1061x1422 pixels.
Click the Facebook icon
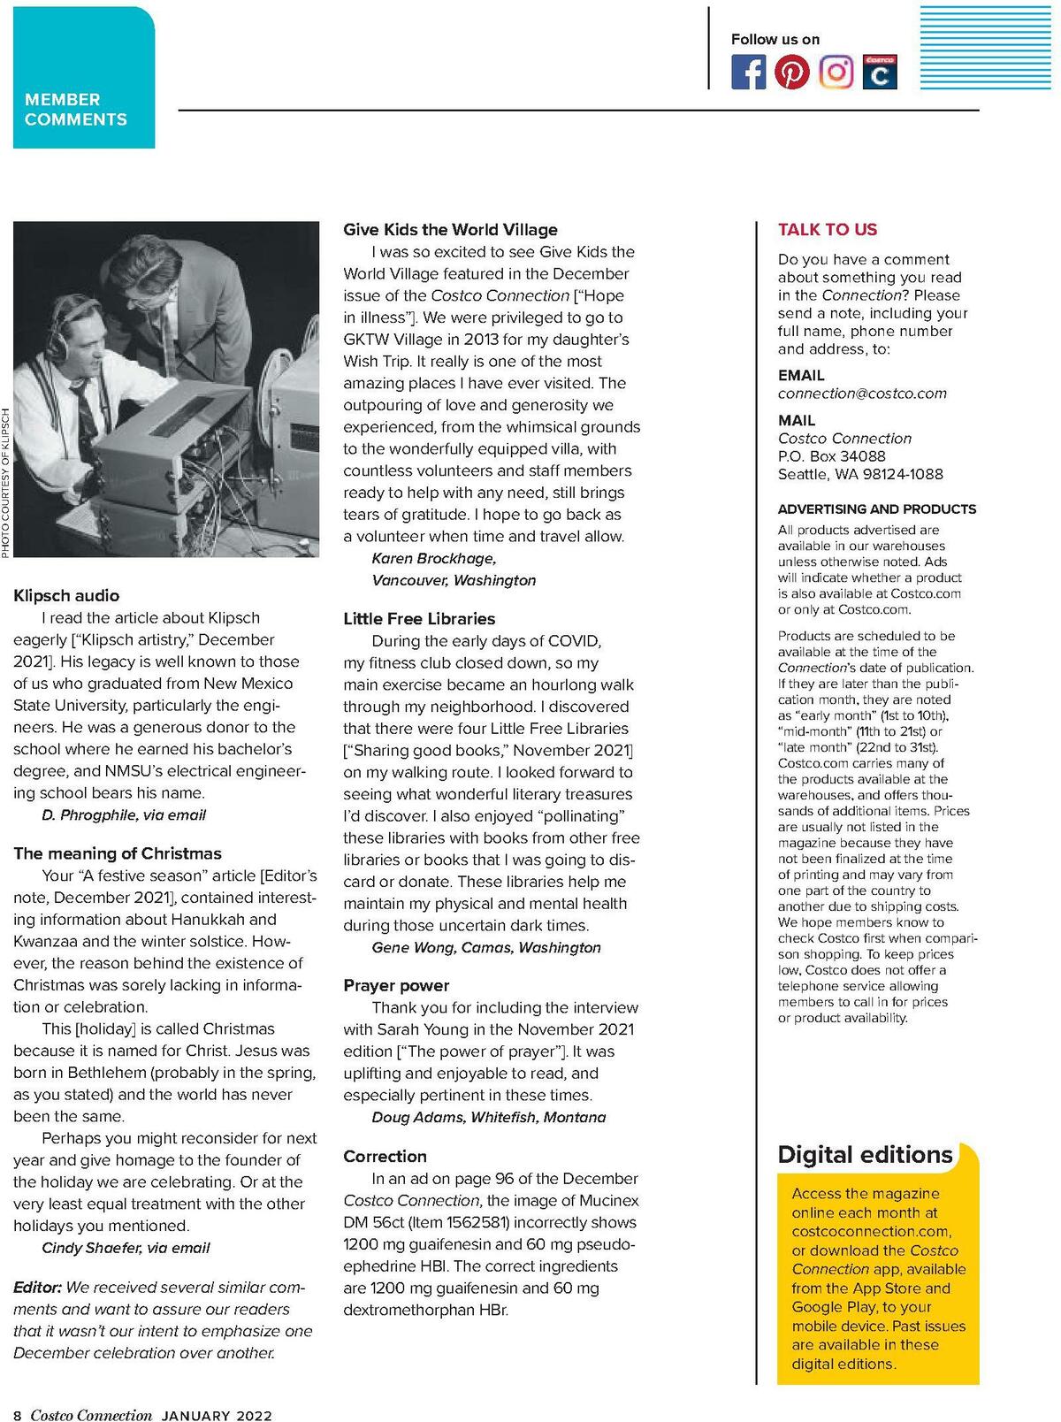[x=748, y=73]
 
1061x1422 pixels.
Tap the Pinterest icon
[x=791, y=73]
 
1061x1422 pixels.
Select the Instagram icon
[x=836, y=73]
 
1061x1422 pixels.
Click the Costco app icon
[x=880, y=73]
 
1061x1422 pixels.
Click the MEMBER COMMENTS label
[x=76, y=110]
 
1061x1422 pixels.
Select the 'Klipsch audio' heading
[x=66, y=596]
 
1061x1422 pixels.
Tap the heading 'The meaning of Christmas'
[x=118, y=853]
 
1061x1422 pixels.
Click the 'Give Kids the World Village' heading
[x=450, y=230]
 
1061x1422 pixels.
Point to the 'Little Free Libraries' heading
[x=419, y=619]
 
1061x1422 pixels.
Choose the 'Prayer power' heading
[x=396, y=985]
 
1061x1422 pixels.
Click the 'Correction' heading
[x=385, y=1157]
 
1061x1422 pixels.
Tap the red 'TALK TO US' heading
[x=828, y=230]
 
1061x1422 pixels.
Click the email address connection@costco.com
[x=862, y=394]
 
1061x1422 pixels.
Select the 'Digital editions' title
[x=865, y=1155]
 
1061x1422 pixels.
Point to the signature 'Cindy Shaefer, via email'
[x=126, y=1248]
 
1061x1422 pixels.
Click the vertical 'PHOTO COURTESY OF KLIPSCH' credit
[x=5, y=482]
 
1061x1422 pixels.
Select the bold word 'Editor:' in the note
[x=37, y=1288]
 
